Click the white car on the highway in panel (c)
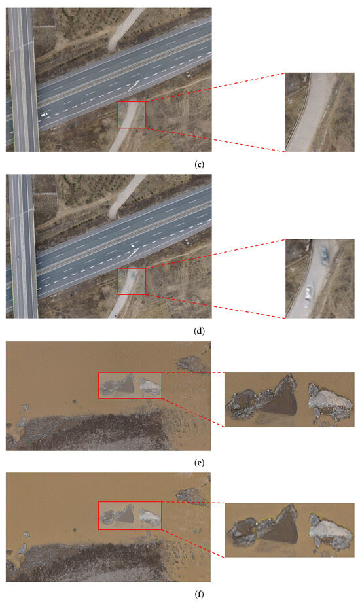[44, 115]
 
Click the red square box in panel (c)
[132, 115]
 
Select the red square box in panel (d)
[132, 281]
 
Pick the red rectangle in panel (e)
[130, 385]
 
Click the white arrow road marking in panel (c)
[134, 84]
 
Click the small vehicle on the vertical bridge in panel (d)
[18, 257]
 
